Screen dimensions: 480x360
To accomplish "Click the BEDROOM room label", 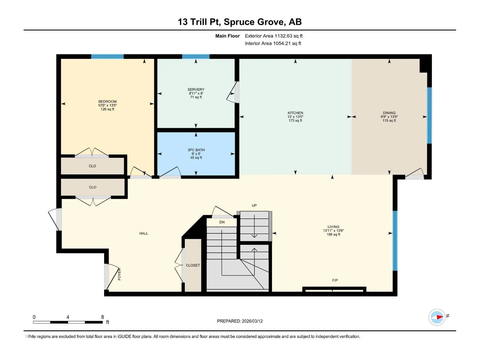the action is coord(107,101).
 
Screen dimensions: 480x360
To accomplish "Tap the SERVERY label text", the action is coord(196,89).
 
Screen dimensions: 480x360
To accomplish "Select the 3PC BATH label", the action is coord(196,150).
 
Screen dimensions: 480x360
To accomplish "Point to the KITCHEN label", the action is coord(295,113).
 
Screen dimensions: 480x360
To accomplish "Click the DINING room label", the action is coord(389,113).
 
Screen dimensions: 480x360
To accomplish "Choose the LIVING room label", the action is coord(333,227).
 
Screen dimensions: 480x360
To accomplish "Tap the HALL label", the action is coord(144,233).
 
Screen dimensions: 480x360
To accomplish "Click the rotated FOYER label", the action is coord(119,274).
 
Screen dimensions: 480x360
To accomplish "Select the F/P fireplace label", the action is coord(335,280).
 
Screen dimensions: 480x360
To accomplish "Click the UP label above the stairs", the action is coord(254,205).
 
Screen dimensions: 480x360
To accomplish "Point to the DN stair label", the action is coord(222,222).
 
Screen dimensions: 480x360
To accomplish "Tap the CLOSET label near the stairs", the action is coord(193,265).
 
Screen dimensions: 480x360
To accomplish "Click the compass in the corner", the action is coord(437,317).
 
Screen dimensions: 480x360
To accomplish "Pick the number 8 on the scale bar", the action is coord(102,317).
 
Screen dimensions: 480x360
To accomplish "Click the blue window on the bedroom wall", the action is coord(107,56).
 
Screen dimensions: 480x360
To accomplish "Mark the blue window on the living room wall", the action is coord(395,241).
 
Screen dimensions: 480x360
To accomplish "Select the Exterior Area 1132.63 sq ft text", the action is coord(274,36).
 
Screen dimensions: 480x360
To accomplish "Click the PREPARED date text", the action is coord(240,321).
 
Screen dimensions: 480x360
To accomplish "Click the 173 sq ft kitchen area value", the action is coord(295,120).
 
